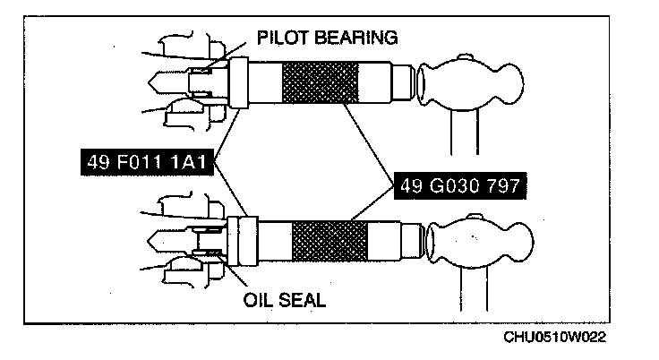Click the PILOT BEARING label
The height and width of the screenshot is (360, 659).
327,38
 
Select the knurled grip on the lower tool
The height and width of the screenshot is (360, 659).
329,241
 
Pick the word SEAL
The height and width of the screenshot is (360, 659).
304,299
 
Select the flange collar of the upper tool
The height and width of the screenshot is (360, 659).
239,82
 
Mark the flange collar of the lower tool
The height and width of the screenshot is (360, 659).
238,241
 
